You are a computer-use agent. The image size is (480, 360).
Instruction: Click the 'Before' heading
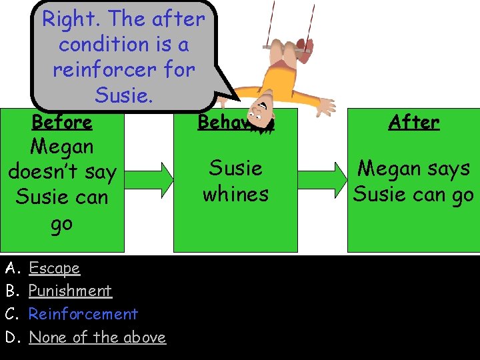[x=62, y=123]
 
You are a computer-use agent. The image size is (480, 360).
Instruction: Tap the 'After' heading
[x=414, y=123]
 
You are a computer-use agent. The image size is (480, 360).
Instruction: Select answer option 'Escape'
[x=54, y=268]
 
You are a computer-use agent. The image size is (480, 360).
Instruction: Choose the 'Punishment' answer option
[x=70, y=291]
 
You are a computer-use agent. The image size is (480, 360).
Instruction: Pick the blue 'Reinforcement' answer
[x=83, y=314]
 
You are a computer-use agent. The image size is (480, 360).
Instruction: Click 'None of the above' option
[x=97, y=337]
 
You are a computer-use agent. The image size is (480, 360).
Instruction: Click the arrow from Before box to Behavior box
[x=149, y=179]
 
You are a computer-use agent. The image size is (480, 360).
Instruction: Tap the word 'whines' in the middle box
[x=235, y=194]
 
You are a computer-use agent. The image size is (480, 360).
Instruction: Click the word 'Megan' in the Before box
[x=62, y=146]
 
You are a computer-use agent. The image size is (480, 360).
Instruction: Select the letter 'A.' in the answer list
[x=11, y=268]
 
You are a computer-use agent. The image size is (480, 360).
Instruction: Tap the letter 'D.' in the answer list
[x=11, y=337]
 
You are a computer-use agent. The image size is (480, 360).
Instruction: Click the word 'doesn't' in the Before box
[x=62, y=172]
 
